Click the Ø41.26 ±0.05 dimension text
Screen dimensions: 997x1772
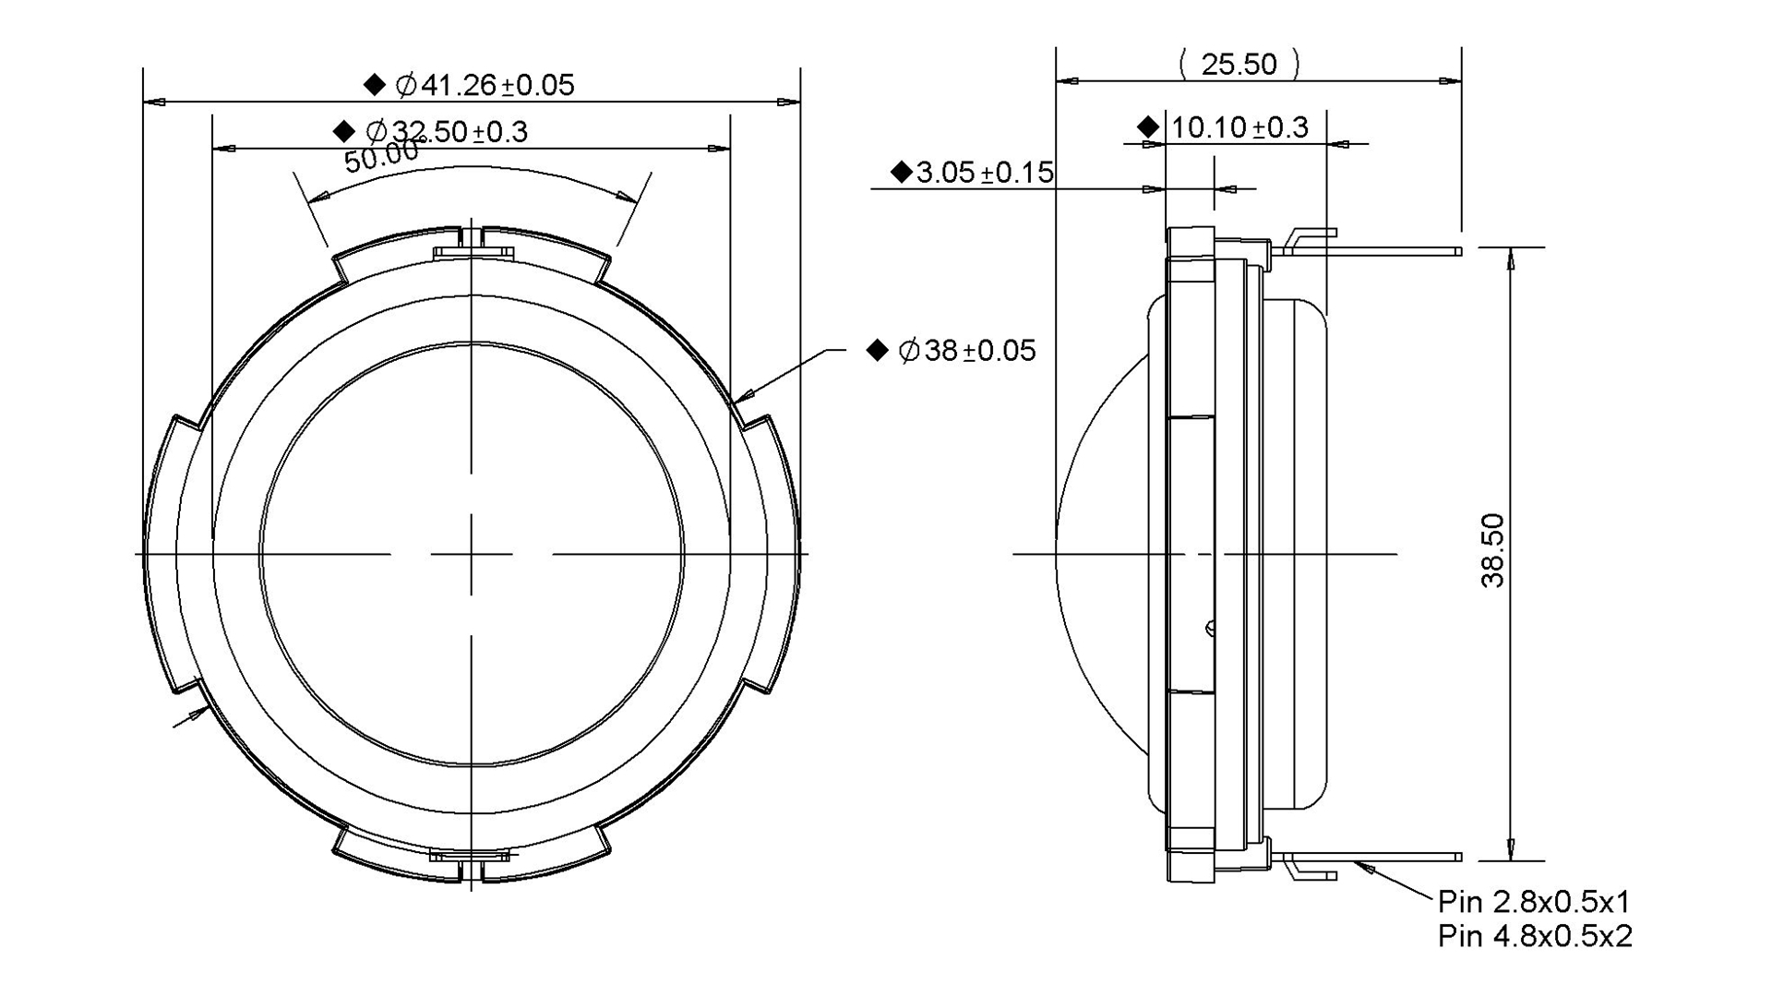485,86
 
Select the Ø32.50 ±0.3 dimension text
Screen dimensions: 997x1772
447,132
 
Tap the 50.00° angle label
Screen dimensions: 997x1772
382,156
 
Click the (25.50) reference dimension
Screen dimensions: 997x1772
1239,64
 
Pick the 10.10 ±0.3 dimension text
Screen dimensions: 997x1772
1239,127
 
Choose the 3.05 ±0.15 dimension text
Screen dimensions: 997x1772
985,173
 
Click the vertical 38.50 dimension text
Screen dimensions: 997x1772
1493,551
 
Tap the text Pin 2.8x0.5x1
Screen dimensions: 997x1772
1534,901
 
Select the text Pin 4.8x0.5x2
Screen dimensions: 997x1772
1534,936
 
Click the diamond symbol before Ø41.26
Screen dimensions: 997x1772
374,85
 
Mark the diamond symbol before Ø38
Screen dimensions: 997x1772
877,350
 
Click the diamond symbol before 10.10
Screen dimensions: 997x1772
1148,126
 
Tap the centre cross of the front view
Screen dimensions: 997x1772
472,554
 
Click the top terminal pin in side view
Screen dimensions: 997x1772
1366,250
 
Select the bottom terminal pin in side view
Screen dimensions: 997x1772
1366,857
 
